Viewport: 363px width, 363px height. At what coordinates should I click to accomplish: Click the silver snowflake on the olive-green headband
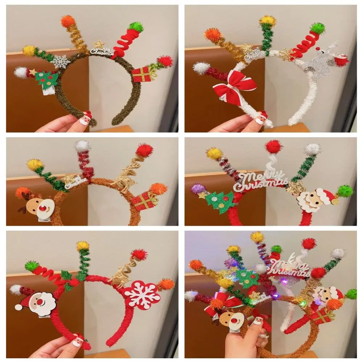pos(60,61)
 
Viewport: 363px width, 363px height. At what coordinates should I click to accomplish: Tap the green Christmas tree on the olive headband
pos(46,79)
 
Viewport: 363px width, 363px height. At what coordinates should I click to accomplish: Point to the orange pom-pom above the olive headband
pos(68,21)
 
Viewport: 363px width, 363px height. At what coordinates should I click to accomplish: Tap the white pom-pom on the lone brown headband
pos(82,146)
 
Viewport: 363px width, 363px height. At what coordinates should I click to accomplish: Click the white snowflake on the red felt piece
pos(142,295)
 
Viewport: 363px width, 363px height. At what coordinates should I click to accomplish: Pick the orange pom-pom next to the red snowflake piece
pos(166,284)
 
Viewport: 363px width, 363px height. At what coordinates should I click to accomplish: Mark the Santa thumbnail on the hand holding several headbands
pos(258,320)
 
